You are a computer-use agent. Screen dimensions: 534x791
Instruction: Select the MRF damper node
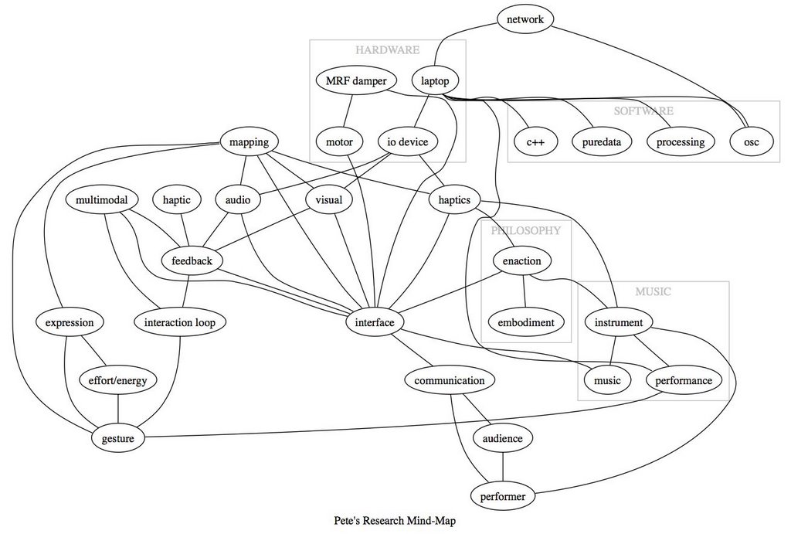click(x=356, y=80)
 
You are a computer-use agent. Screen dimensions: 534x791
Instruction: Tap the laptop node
click(x=435, y=80)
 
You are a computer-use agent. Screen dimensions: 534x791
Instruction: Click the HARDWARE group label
click(x=387, y=50)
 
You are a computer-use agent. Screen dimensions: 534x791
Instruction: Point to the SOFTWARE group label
click(x=643, y=111)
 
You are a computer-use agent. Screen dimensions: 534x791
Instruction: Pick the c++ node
click(x=535, y=141)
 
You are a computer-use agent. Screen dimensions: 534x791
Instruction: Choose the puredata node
click(x=602, y=141)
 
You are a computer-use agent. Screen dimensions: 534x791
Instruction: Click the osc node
click(x=752, y=141)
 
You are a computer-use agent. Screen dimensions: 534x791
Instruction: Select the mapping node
click(x=249, y=141)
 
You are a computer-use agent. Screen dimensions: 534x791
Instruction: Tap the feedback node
click(x=192, y=260)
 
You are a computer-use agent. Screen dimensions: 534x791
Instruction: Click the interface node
click(x=374, y=321)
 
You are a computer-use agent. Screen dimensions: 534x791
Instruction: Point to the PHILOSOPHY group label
click(x=525, y=230)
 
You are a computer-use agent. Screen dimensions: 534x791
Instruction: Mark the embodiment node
click(x=525, y=321)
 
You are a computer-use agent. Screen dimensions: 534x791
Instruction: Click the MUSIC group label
click(x=653, y=292)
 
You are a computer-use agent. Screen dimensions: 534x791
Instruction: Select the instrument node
click(x=619, y=321)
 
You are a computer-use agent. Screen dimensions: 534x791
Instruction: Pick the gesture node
click(x=117, y=439)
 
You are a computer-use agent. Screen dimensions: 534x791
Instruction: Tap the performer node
click(x=503, y=496)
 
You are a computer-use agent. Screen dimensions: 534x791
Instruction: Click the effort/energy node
click(x=117, y=380)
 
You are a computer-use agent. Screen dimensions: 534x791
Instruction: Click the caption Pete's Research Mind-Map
click(x=395, y=521)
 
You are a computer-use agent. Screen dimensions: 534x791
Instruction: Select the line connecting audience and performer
click(x=503, y=468)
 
